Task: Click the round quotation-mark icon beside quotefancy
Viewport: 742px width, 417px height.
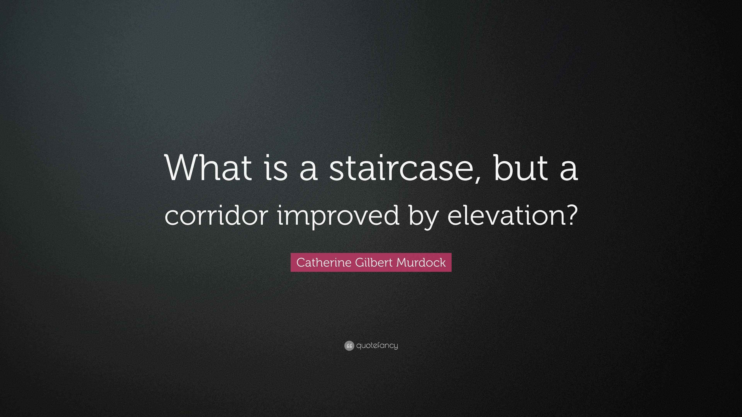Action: pos(349,346)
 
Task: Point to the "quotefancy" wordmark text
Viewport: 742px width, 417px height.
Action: pos(377,346)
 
